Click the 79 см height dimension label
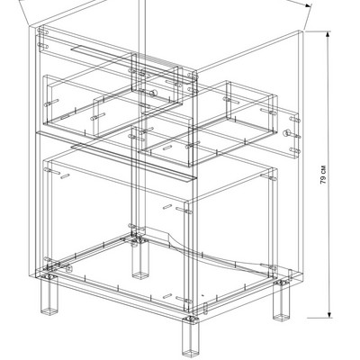pyautogui.click(x=323, y=175)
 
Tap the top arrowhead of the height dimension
pyautogui.click(x=328, y=34)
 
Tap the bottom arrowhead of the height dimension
pyautogui.click(x=329, y=314)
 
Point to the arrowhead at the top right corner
pyautogui.click(x=309, y=5)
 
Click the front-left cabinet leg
pyautogui.click(x=49, y=294)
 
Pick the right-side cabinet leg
pyautogui.click(x=282, y=301)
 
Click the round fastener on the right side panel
pyautogui.click(x=287, y=132)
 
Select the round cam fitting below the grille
pyautogui.click(x=153, y=93)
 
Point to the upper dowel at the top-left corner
pyautogui.click(x=43, y=31)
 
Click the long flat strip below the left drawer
pyautogui.click(x=134, y=163)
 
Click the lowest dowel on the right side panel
pyautogui.click(x=295, y=150)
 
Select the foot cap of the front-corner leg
pyautogui.click(x=190, y=353)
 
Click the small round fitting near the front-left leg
pyautogui.click(x=68, y=268)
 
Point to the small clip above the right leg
pyautogui.click(x=290, y=274)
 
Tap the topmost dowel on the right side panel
pyautogui.click(x=295, y=120)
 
